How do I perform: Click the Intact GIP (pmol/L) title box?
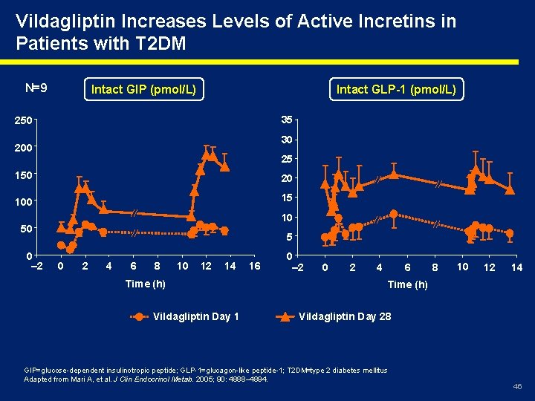tap(143, 90)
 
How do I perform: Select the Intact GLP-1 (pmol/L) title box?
tap(397, 90)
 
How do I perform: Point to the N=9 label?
tap(36, 88)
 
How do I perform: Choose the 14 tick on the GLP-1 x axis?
tap(516, 267)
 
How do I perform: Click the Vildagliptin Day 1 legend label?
tap(195, 316)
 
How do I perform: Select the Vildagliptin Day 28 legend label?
tap(345, 316)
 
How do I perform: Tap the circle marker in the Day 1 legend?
tap(139, 316)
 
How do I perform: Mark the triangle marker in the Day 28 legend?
tap(286, 316)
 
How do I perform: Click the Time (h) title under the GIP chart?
tap(146, 283)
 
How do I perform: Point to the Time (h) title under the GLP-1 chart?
tap(407, 284)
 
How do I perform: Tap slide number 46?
tap(517, 387)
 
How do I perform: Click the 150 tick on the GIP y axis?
tap(22, 175)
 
